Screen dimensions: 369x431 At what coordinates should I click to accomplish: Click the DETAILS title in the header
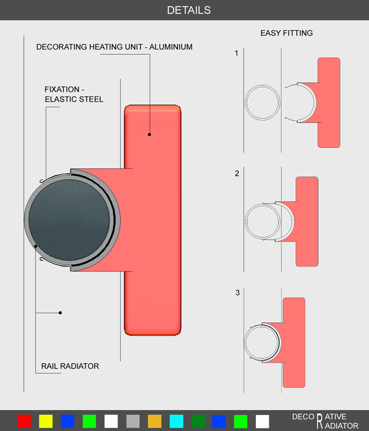coord(189,10)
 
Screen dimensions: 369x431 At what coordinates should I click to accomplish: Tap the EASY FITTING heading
coord(287,33)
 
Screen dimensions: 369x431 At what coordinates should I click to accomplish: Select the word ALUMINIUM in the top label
coord(171,47)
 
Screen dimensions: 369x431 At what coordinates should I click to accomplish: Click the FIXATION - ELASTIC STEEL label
coord(74,94)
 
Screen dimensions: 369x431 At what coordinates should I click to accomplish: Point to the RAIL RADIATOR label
coord(70,366)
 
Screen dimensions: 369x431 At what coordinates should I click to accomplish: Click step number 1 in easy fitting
coord(236,53)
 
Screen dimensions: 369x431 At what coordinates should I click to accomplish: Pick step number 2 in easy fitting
coord(237,174)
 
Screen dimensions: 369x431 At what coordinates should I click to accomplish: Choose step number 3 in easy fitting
coord(237,292)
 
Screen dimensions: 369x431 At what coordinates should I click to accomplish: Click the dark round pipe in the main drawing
coord(69,220)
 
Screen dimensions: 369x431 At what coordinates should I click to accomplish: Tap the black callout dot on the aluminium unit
coord(149,134)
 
